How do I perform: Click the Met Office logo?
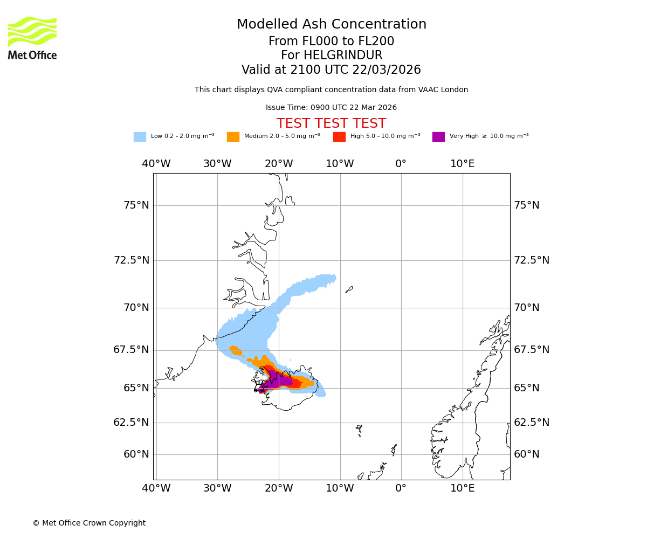point(32,38)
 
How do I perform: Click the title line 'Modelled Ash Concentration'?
point(331,25)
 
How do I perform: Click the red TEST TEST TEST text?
point(331,124)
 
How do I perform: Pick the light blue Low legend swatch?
point(140,137)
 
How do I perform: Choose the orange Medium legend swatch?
point(233,137)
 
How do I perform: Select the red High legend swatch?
point(339,137)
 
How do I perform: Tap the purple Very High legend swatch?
point(438,137)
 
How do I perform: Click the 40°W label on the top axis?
point(156,164)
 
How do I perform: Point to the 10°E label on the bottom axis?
point(463,488)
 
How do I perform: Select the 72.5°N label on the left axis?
point(132,260)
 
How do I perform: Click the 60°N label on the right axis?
point(527,454)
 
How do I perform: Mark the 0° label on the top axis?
point(401,164)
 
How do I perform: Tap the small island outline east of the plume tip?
point(349,289)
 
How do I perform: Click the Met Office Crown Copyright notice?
point(89,523)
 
